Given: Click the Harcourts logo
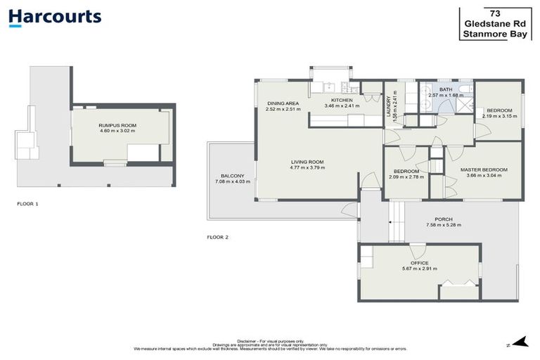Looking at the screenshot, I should tap(55, 18).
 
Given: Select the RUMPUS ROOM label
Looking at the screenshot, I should tap(117, 125).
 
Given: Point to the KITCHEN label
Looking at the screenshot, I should tap(342, 101).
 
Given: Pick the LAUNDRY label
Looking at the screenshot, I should tap(388, 107).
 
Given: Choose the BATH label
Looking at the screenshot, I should tap(446, 90).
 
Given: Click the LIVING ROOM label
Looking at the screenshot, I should tap(307, 162).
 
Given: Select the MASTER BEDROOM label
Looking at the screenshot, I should tap(484, 170).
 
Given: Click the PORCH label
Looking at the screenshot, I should tap(444, 219).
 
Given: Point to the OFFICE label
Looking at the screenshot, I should tap(419, 262).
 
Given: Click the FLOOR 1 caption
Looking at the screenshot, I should tap(28, 203).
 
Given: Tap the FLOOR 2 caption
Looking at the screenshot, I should tap(218, 237).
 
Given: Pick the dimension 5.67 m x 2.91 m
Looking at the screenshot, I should tap(419, 269).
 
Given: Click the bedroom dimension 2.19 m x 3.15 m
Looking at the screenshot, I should tap(499, 116).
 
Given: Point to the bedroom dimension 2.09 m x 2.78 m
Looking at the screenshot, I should tap(406, 177).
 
